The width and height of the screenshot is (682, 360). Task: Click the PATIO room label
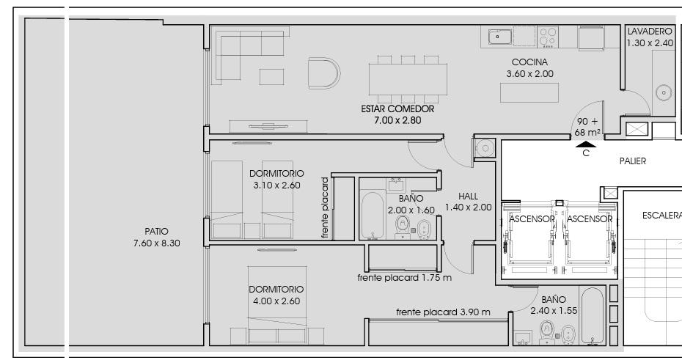(x=156, y=231)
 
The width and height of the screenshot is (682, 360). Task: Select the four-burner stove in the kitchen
(x=548, y=37)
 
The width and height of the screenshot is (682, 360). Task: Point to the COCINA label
(x=529, y=62)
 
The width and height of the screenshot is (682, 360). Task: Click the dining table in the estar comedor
(x=408, y=79)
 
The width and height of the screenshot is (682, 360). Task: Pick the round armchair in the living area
(x=324, y=73)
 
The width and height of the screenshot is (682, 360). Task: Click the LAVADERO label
(x=650, y=32)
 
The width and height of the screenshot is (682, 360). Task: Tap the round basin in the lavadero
(x=664, y=92)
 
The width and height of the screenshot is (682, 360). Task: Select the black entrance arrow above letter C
(x=586, y=144)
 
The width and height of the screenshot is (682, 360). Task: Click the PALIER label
(x=632, y=161)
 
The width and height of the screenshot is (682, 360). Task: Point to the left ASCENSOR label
(x=532, y=219)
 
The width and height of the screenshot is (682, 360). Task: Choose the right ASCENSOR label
(x=590, y=219)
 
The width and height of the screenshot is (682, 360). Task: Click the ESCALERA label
(x=661, y=216)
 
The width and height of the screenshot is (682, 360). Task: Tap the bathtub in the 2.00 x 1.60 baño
(x=373, y=215)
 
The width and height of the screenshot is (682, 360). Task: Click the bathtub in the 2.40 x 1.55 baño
(x=592, y=316)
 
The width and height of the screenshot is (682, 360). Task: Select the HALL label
(x=468, y=196)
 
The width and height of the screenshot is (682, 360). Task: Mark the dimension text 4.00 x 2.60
(x=276, y=301)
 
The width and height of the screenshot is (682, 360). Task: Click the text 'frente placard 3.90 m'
(x=443, y=312)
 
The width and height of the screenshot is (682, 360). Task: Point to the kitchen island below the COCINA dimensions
(x=529, y=92)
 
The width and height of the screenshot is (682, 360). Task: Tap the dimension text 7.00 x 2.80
(x=397, y=120)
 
